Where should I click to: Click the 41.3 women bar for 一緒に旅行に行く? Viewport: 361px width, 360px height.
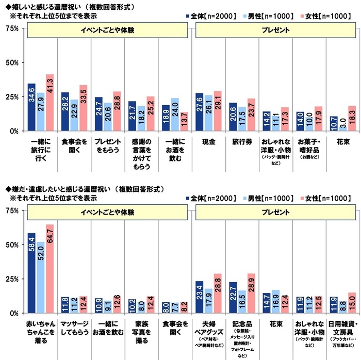coord(50,103)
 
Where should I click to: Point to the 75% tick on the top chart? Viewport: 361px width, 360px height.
coord(12,28)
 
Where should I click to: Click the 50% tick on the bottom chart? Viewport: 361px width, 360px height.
coord(12,244)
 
